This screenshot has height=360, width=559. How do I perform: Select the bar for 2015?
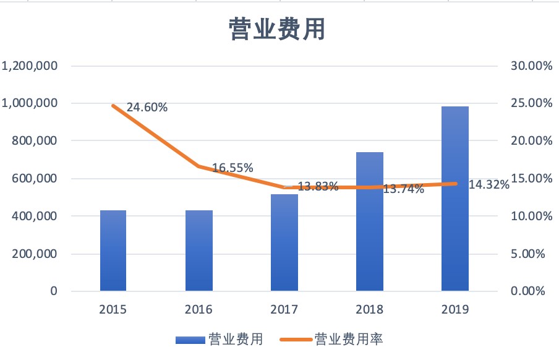[113, 251]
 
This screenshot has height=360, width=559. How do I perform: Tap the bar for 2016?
[198, 251]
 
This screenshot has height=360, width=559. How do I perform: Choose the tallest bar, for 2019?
[455, 199]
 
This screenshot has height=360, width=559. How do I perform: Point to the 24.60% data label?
[147, 108]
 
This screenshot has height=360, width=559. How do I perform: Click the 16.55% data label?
[233, 168]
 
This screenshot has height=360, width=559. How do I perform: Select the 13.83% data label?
[318, 186]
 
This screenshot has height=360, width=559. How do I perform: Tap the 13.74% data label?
[404, 189]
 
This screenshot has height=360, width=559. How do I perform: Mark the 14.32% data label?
[489, 184]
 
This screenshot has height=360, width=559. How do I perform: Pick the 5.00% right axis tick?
[534, 254]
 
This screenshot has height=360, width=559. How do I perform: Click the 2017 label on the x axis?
[284, 309]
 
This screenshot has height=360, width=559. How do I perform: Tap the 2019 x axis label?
[455, 309]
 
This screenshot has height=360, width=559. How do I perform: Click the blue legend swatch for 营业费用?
[190, 340]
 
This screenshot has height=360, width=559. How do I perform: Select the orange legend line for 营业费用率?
[296, 340]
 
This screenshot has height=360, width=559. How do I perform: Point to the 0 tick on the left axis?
[54, 291]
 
